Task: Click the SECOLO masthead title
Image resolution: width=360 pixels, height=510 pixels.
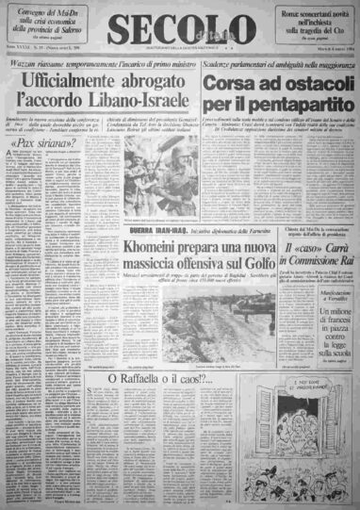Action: (178, 29)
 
